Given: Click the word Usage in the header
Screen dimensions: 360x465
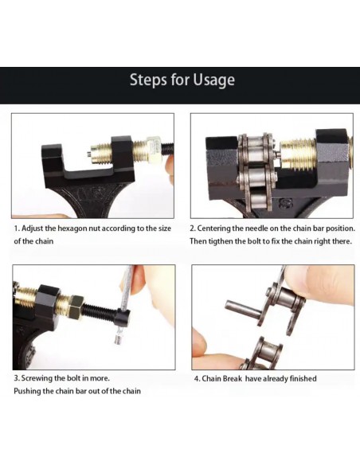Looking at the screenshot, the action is tap(213, 80).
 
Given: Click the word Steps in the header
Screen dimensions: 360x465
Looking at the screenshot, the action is tap(148, 80).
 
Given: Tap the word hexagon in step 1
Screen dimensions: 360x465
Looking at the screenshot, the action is tap(72, 229).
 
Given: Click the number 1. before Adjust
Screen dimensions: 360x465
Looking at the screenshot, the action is tap(18, 229).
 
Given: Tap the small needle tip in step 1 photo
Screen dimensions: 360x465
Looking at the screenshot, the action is tap(89, 154).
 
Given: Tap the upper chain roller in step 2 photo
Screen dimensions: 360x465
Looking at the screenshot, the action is tap(255, 147).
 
